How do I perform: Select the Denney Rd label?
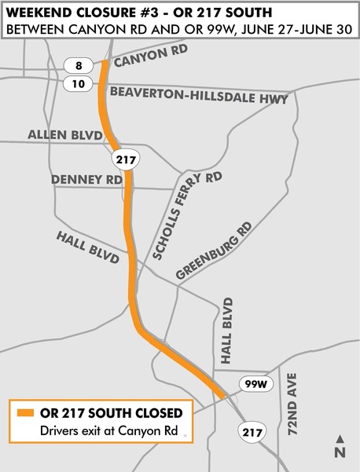[x=87, y=180]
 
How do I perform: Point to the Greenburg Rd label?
[x=214, y=252]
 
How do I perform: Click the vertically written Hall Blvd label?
[x=229, y=331]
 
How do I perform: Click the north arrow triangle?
[x=340, y=438]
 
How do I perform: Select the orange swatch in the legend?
[x=25, y=412]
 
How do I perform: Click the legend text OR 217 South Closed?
[x=111, y=412]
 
